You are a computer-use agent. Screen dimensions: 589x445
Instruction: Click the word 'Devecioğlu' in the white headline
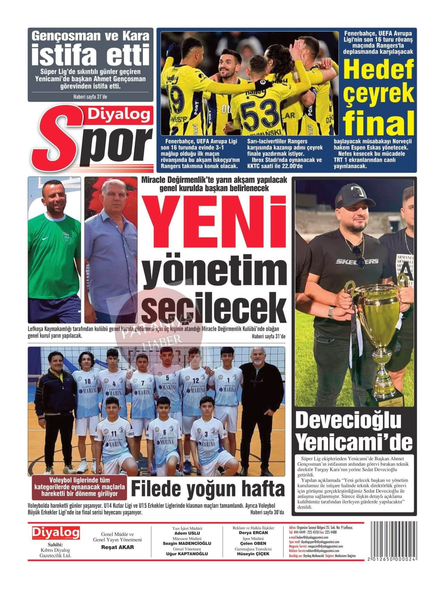tap(348, 421)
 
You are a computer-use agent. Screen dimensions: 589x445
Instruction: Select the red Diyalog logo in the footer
tap(56, 533)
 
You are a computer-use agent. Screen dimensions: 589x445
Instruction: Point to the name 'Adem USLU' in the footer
tap(187, 533)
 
